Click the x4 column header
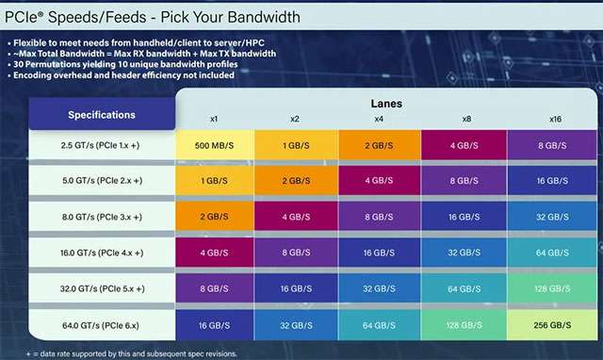click(378, 119)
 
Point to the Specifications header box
click(102, 115)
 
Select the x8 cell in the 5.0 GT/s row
click(464, 181)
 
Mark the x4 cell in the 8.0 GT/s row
click(378, 216)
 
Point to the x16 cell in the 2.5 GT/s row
click(549, 146)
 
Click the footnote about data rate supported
click(122, 353)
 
